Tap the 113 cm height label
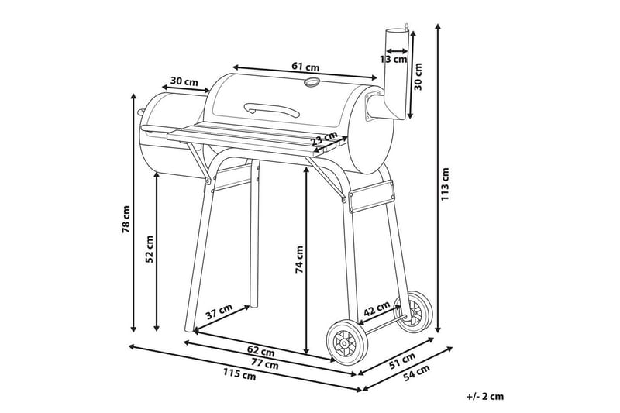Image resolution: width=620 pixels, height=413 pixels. click(446, 184)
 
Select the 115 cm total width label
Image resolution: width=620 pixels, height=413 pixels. click(239, 375)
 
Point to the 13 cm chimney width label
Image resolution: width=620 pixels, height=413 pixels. click(394, 58)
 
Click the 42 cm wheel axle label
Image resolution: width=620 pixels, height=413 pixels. click(377, 308)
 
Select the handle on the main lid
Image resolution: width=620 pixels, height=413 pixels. click(271, 109)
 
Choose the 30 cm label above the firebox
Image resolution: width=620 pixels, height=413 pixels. click(184, 81)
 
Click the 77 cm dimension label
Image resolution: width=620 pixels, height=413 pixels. click(265, 363)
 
